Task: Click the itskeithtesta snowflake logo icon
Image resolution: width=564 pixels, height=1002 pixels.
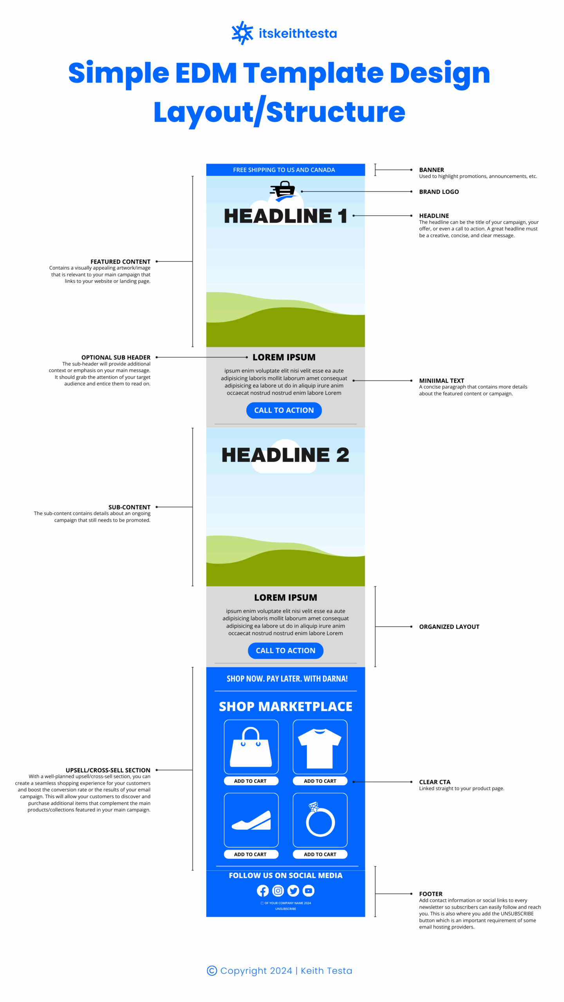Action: [242, 33]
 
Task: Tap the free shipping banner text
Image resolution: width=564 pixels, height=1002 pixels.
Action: [284, 170]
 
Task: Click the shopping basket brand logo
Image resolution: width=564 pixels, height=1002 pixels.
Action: [283, 191]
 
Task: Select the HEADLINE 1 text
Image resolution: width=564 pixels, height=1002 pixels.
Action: [286, 216]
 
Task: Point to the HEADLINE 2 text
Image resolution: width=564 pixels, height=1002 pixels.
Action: [286, 455]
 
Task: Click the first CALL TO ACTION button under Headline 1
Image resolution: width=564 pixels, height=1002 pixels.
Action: [284, 410]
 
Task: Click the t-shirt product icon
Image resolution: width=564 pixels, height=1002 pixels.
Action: [320, 748]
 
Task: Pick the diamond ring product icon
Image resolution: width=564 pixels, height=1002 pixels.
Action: [320, 819]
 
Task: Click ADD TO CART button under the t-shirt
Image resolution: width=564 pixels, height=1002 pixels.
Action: [320, 781]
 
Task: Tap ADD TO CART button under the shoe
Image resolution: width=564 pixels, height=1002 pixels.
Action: [251, 854]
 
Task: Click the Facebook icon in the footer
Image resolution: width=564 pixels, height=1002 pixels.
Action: [263, 891]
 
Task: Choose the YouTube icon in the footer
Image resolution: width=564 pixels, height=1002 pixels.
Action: [309, 891]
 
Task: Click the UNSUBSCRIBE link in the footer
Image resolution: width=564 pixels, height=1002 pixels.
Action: [286, 909]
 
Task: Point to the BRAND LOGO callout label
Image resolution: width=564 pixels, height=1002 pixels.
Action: [439, 192]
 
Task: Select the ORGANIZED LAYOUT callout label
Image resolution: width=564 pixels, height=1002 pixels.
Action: [449, 627]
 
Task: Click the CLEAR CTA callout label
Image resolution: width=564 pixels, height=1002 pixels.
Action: [435, 782]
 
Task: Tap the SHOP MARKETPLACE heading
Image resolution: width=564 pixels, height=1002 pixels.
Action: [286, 706]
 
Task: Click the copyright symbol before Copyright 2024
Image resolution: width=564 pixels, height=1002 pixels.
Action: [212, 971]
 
